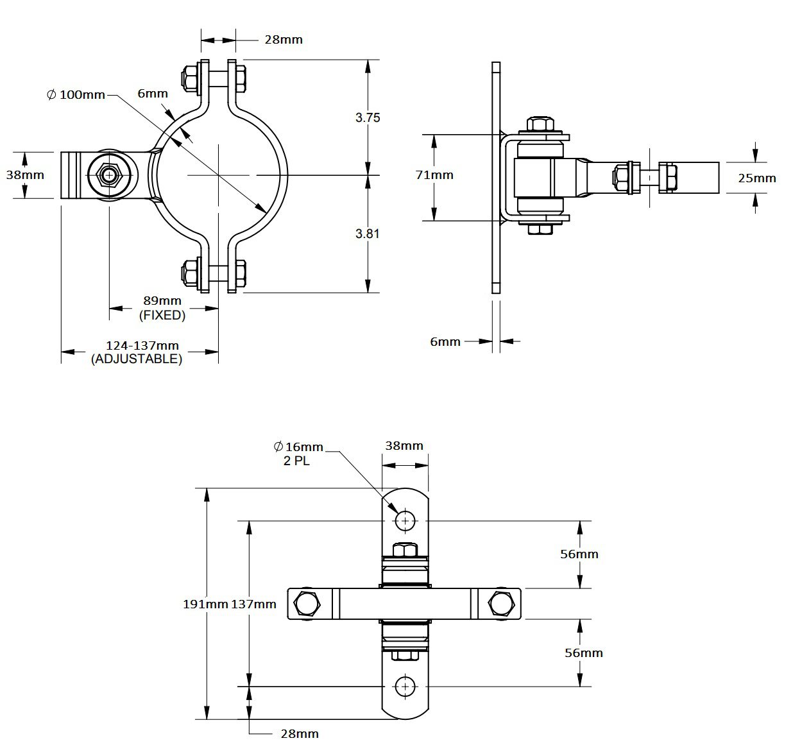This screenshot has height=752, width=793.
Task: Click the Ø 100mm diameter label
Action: [76, 95]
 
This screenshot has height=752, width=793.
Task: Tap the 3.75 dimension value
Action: [368, 117]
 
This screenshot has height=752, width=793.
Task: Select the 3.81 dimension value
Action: [368, 234]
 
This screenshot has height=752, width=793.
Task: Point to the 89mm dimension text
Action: [162, 300]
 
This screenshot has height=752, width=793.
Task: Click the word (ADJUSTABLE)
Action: [137, 359]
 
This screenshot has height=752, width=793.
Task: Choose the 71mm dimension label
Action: [434, 175]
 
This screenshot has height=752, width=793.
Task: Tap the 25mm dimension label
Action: [756, 178]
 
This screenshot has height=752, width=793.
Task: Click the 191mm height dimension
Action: [206, 604]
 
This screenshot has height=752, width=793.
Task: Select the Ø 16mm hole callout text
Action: [298, 447]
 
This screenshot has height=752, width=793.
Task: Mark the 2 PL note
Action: [296, 461]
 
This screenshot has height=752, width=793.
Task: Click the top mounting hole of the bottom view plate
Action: [405, 521]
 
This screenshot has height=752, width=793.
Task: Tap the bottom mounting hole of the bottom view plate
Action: [405, 687]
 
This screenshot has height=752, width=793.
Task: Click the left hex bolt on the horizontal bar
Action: [307, 604]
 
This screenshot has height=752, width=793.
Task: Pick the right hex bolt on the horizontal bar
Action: [501, 604]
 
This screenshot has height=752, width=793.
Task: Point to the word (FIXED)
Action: [162, 315]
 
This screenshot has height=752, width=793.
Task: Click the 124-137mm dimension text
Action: [142, 345]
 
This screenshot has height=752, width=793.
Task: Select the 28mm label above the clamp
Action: [284, 40]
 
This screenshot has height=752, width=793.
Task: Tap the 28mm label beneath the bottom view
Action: [299, 733]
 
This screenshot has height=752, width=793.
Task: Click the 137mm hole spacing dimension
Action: [253, 604]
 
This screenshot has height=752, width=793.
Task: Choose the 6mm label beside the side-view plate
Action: [445, 342]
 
